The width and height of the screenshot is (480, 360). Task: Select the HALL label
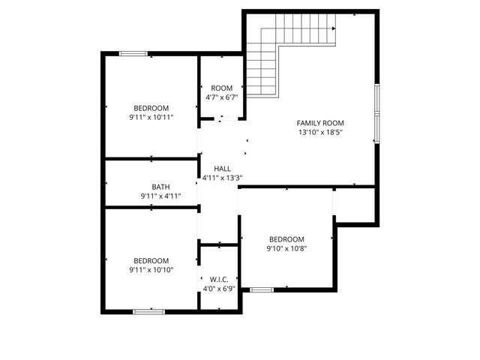point(222,169)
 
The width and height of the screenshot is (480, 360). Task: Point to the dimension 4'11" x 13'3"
point(222,178)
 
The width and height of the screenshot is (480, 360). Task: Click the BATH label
point(160,187)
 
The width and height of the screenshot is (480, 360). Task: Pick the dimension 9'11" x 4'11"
point(160,196)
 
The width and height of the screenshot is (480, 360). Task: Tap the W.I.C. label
point(218,279)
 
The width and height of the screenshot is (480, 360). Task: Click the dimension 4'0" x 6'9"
point(218,289)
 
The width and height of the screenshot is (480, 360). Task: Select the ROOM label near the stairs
point(221,88)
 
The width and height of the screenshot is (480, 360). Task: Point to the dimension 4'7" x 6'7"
point(221,97)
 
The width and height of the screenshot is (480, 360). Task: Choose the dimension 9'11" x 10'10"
point(151,270)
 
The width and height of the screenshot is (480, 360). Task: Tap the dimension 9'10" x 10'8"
point(287,249)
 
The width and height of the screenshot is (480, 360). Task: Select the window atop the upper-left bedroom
point(133,52)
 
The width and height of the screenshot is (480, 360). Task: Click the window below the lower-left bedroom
point(148,311)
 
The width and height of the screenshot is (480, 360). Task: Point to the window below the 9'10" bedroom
point(262,289)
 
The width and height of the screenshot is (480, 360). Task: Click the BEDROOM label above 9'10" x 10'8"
point(287,239)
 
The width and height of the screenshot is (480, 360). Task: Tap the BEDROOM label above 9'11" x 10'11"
point(151,107)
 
